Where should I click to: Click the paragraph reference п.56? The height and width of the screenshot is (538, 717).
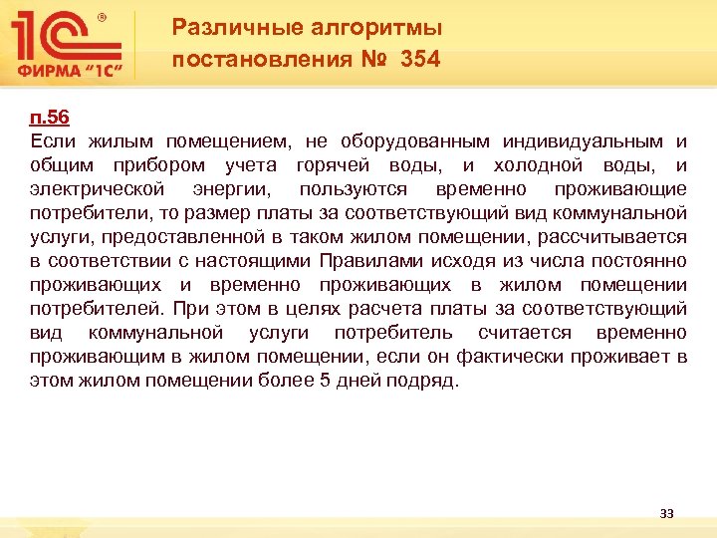tap(49, 118)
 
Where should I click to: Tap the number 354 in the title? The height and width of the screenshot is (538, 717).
tap(420, 60)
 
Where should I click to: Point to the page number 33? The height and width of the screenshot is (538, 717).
tap(666, 514)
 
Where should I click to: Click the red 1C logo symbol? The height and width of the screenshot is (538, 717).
tap(65, 36)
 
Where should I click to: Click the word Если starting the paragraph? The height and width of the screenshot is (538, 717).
tap(51, 141)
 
